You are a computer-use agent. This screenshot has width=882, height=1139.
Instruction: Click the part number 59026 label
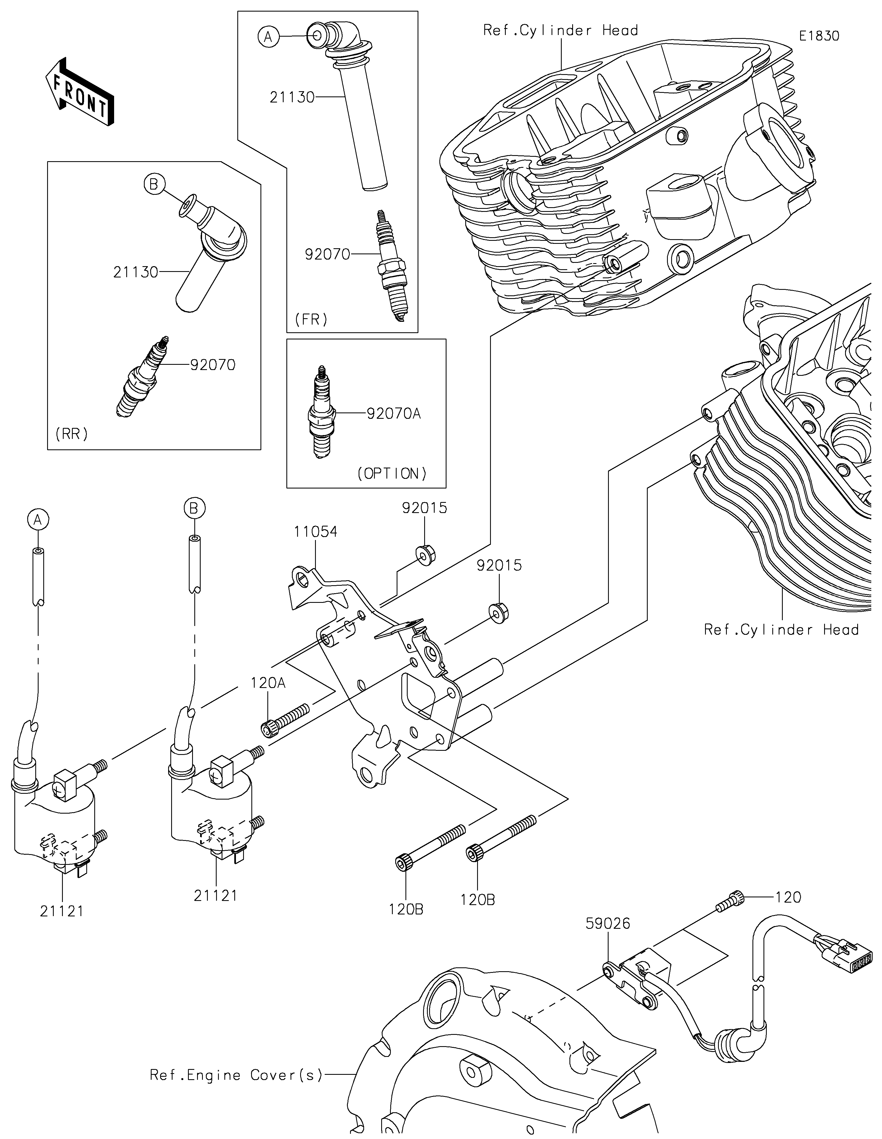click(x=608, y=923)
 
